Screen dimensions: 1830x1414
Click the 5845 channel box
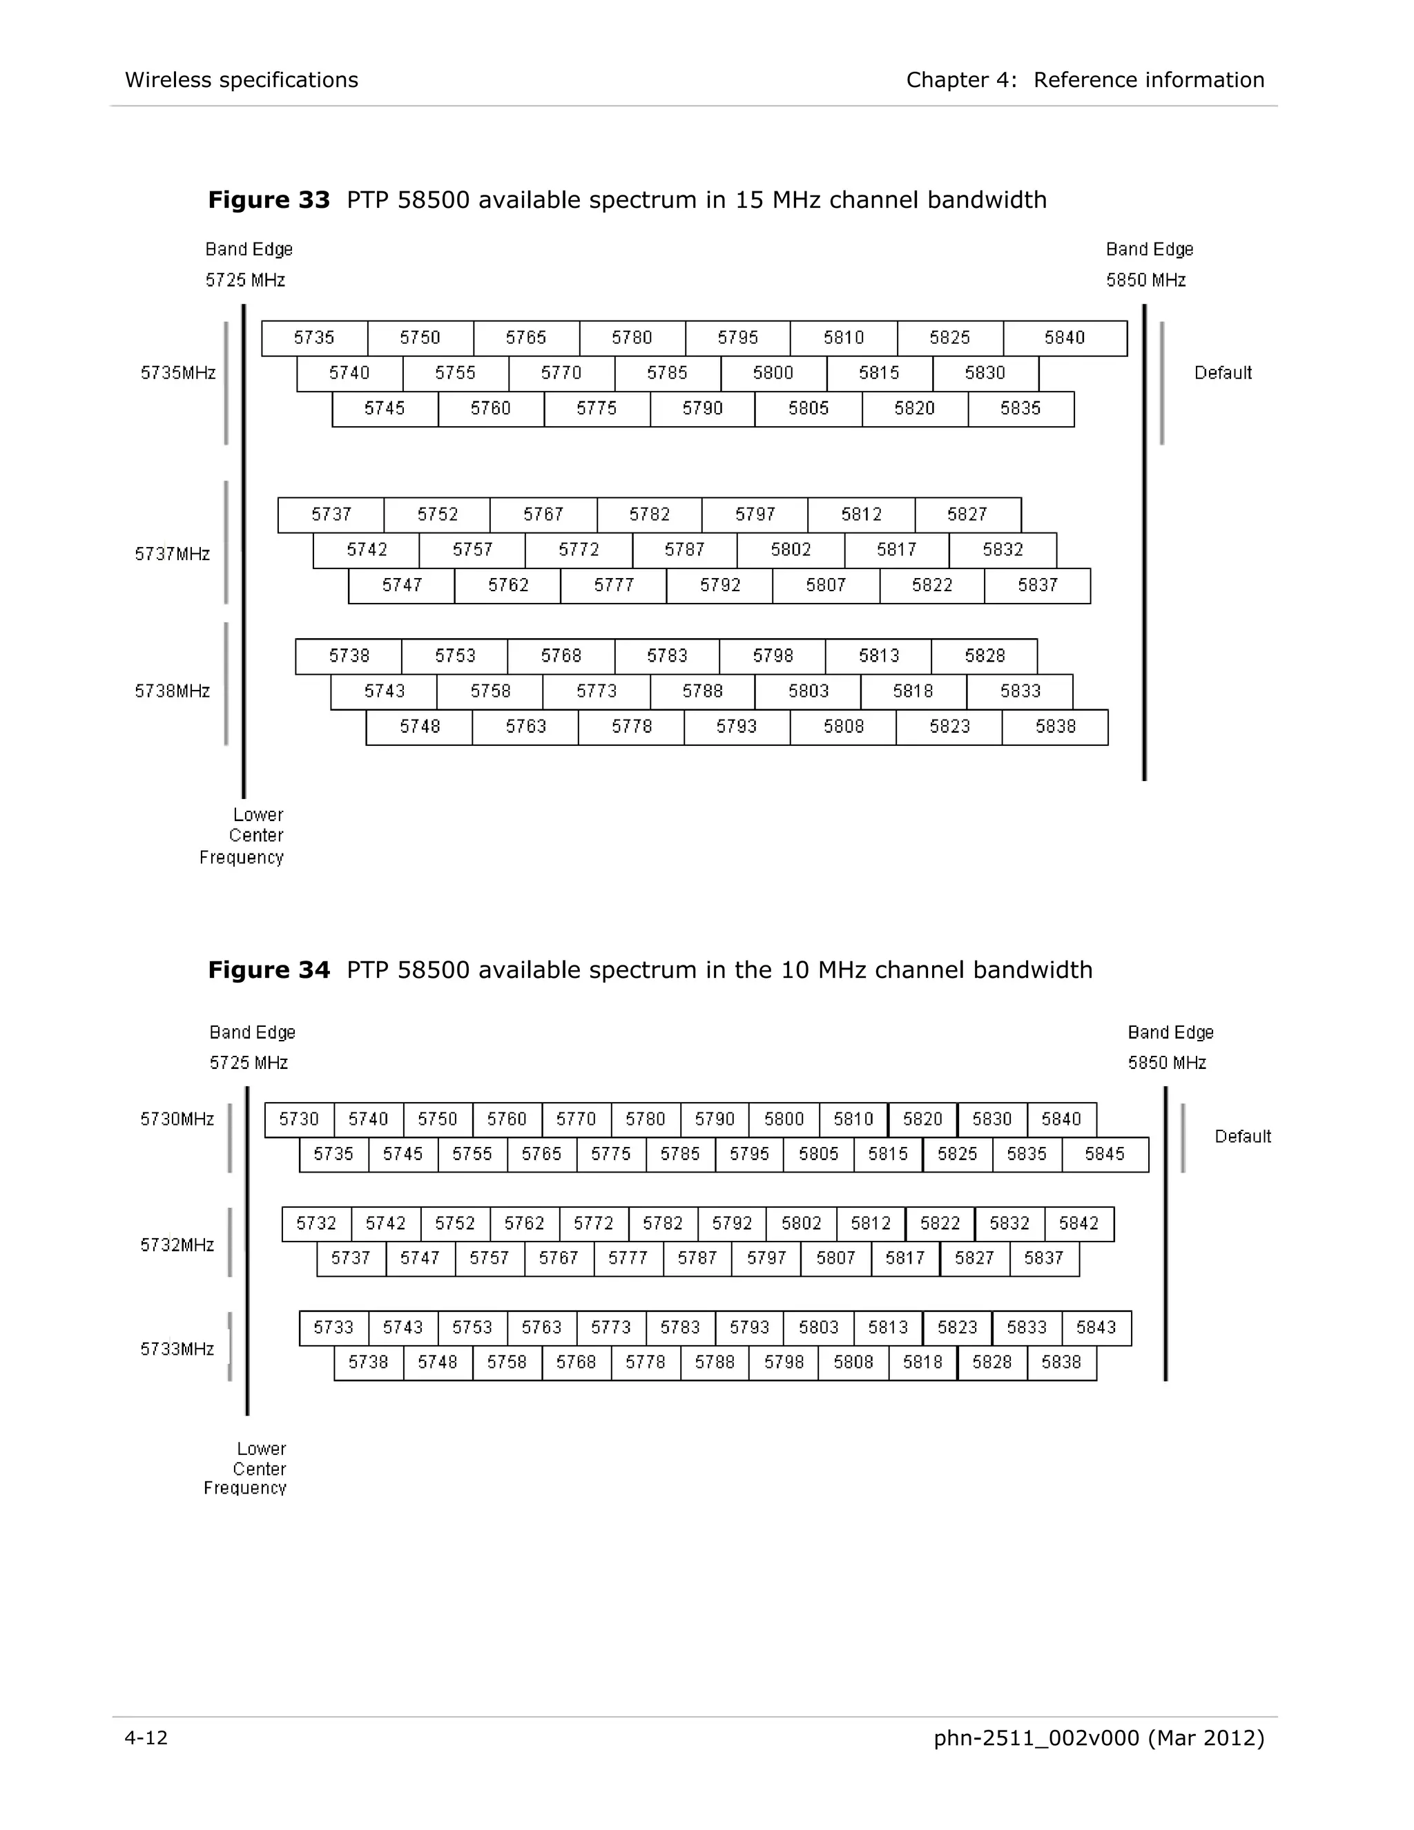pyautogui.click(x=1105, y=1154)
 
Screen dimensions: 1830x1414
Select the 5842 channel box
pyautogui.click(x=1078, y=1224)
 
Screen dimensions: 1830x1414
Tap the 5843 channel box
pyautogui.click(x=1096, y=1327)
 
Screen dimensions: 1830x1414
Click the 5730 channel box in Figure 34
pyautogui.click(x=299, y=1119)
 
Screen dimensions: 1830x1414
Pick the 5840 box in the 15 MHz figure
pyautogui.click(x=1064, y=338)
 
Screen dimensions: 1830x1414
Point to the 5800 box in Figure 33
pyautogui.click(x=773, y=373)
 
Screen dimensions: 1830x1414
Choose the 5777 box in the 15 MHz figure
pyautogui.click(x=614, y=585)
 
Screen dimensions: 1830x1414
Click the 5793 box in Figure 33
pyautogui.click(x=736, y=726)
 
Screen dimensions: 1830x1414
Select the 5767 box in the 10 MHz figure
pyautogui.click(x=559, y=1258)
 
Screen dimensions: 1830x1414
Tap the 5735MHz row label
pyautogui.click(x=177, y=373)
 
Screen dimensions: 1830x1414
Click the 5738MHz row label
pyautogui.click(x=173, y=691)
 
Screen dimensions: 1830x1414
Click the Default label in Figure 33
pyautogui.click(x=1222, y=373)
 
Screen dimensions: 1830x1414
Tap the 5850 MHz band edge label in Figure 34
pyautogui.click(x=1166, y=1063)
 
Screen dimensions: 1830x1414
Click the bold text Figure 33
pyautogui.click(x=269, y=200)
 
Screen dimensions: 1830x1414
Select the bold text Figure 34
pyautogui.click(x=269, y=970)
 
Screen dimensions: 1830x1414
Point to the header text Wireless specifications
pyautogui.click(x=241, y=79)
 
